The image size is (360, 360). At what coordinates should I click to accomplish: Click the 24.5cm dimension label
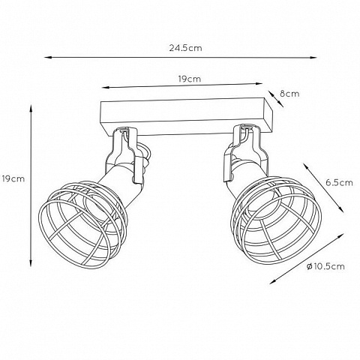pos(185,48)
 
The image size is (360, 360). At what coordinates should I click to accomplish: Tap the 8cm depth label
pos(289,94)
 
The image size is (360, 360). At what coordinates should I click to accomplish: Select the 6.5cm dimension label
pos(339,183)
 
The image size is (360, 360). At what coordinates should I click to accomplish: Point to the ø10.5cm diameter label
pos(325,266)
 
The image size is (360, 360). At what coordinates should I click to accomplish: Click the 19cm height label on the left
pos(13,179)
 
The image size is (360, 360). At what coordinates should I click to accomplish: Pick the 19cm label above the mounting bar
pos(190,79)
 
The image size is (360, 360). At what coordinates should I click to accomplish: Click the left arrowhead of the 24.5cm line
pos(48,58)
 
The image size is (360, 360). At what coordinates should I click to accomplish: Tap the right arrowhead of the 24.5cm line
pos(313,58)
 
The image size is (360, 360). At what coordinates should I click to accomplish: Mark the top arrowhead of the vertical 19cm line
pos(31,109)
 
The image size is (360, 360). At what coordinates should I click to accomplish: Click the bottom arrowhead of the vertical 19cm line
pos(31,263)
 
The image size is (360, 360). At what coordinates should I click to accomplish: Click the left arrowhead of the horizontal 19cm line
pos(105,88)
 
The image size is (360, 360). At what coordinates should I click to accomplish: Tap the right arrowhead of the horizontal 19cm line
pos(259,84)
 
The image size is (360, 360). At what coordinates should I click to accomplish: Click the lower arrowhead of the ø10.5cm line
pos(273,282)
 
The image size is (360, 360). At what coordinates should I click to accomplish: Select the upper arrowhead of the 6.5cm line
pos(306,166)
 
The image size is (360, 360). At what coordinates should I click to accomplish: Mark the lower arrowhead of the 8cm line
pos(281,105)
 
